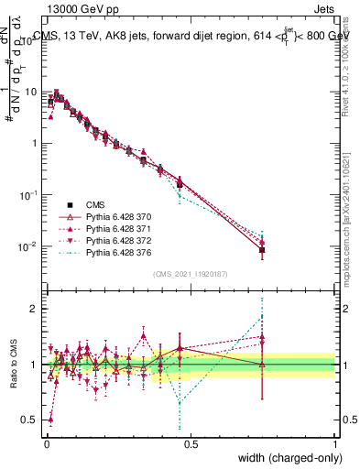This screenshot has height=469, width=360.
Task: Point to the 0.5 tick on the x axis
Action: [190, 443]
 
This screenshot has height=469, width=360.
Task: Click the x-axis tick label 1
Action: [335, 443]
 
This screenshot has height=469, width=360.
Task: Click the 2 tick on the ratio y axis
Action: [35, 309]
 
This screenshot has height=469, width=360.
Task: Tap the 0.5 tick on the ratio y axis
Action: [31, 420]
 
